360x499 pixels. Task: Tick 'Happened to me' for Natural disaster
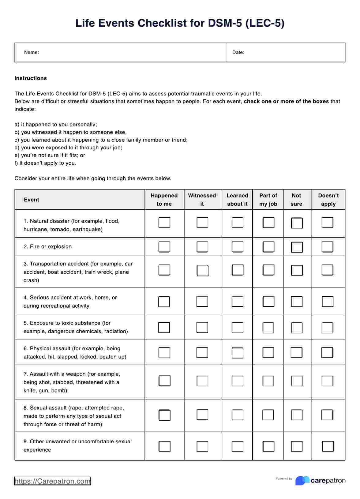tap(164, 223)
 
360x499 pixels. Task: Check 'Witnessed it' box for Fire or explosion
tap(202, 247)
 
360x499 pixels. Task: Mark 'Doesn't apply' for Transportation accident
tap(327, 270)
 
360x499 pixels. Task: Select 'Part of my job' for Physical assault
tap(268, 353)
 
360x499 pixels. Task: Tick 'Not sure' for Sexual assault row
tap(296, 415)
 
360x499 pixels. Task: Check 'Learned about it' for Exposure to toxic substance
tap(237, 328)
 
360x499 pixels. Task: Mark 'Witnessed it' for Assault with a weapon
tap(202, 381)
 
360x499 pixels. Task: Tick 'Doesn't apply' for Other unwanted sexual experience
tap(327, 446)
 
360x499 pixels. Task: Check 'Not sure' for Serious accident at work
tap(296, 302)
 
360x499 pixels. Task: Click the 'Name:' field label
tap(32, 52)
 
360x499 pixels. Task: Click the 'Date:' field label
tap(238, 52)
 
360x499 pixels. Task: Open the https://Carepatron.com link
tap(52, 481)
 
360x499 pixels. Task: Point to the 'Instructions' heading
tap(31, 78)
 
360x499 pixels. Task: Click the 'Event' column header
tap(32, 200)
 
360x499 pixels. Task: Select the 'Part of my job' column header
tap(268, 200)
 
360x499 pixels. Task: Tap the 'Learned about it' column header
tap(237, 200)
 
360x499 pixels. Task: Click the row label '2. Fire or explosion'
tap(47, 246)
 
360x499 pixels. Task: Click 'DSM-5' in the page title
tap(225, 23)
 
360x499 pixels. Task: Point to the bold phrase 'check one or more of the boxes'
tap(286, 101)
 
